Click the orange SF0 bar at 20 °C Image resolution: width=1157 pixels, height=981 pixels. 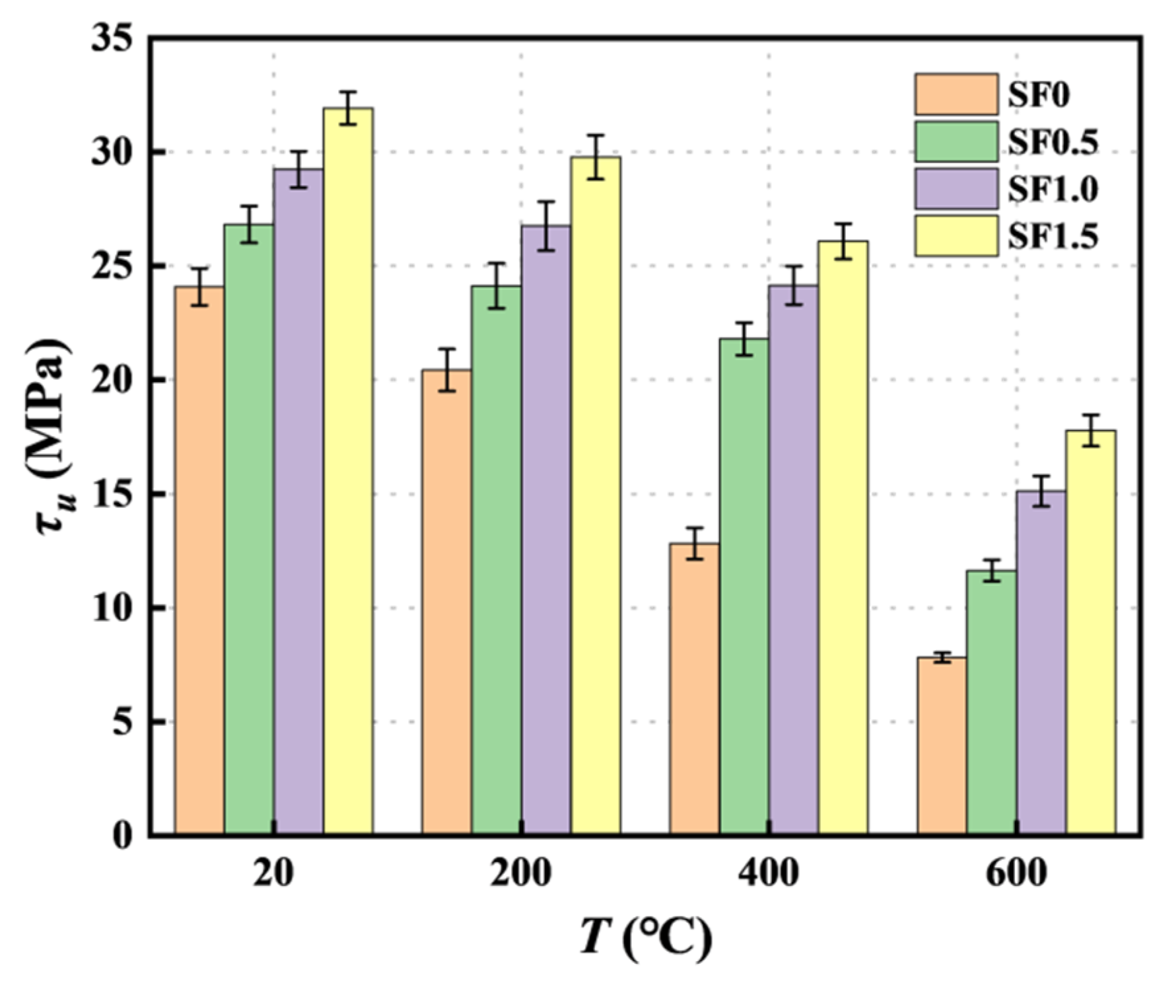click(x=199, y=562)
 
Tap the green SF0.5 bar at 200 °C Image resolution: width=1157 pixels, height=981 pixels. click(x=496, y=562)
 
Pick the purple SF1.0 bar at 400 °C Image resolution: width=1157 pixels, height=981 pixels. click(x=793, y=562)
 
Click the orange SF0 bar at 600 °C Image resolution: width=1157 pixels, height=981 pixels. click(x=942, y=746)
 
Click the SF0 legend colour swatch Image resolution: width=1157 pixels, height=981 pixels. click(x=956, y=94)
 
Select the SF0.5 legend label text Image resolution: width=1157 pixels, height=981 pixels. click(x=1053, y=142)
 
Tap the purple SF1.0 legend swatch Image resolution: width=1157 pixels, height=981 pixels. click(x=956, y=189)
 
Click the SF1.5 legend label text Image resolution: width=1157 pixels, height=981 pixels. click(x=1053, y=236)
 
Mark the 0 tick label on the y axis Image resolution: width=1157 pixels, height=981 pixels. click(x=122, y=836)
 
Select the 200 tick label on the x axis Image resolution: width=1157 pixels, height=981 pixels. click(x=520, y=874)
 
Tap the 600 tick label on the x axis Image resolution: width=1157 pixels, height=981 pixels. click(x=1016, y=874)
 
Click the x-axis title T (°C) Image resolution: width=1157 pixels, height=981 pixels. click(x=646, y=937)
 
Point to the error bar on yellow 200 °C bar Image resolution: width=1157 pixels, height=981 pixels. click(x=596, y=157)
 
